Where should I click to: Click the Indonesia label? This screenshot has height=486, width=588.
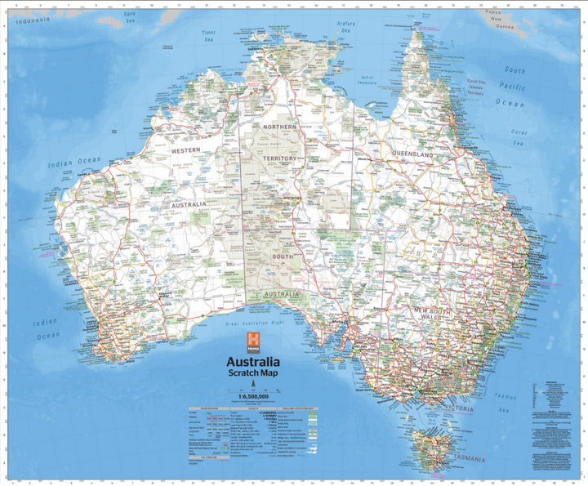click(38, 20)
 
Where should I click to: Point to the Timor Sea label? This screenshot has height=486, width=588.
click(208, 35)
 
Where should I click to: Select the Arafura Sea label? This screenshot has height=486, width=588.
click(346, 29)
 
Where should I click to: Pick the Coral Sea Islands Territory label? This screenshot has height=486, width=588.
click(477, 88)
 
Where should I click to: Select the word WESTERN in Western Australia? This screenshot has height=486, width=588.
click(186, 151)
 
